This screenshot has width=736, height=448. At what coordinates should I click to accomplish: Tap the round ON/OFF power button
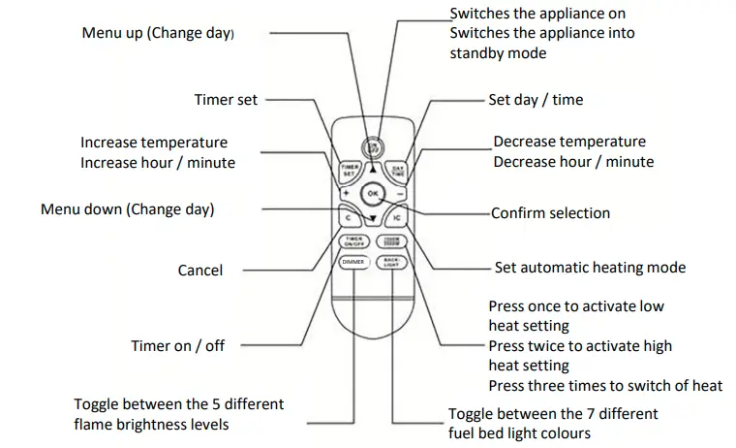pyautogui.click(x=372, y=147)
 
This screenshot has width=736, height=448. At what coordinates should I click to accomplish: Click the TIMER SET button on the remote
pyautogui.click(x=350, y=171)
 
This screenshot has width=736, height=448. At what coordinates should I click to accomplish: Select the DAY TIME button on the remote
pyautogui.click(x=397, y=171)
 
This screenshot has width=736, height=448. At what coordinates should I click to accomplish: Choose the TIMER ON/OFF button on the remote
pyautogui.click(x=352, y=243)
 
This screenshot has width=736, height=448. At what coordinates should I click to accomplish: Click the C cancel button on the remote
pyautogui.click(x=345, y=219)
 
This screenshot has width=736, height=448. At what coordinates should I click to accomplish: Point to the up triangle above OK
pyautogui.click(x=372, y=168)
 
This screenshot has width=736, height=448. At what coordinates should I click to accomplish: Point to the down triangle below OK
pyautogui.click(x=372, y=219)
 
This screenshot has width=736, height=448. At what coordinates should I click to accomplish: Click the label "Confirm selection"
pyautogui.click(x=550, y=213)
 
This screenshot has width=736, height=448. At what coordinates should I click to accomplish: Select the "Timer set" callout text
pyautogui.click(x=225, y=100)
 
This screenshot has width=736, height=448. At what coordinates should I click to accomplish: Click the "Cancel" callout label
pyautogui.click(x=200, y=271)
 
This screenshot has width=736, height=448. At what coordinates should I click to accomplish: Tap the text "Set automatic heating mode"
pyautogui.click(x=590, y=268)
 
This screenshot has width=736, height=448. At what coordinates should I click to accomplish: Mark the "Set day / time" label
pyautogui.click(x=536, y=100)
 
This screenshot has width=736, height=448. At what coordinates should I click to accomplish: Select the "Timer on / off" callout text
pyautogui.click(x=178, y=345)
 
